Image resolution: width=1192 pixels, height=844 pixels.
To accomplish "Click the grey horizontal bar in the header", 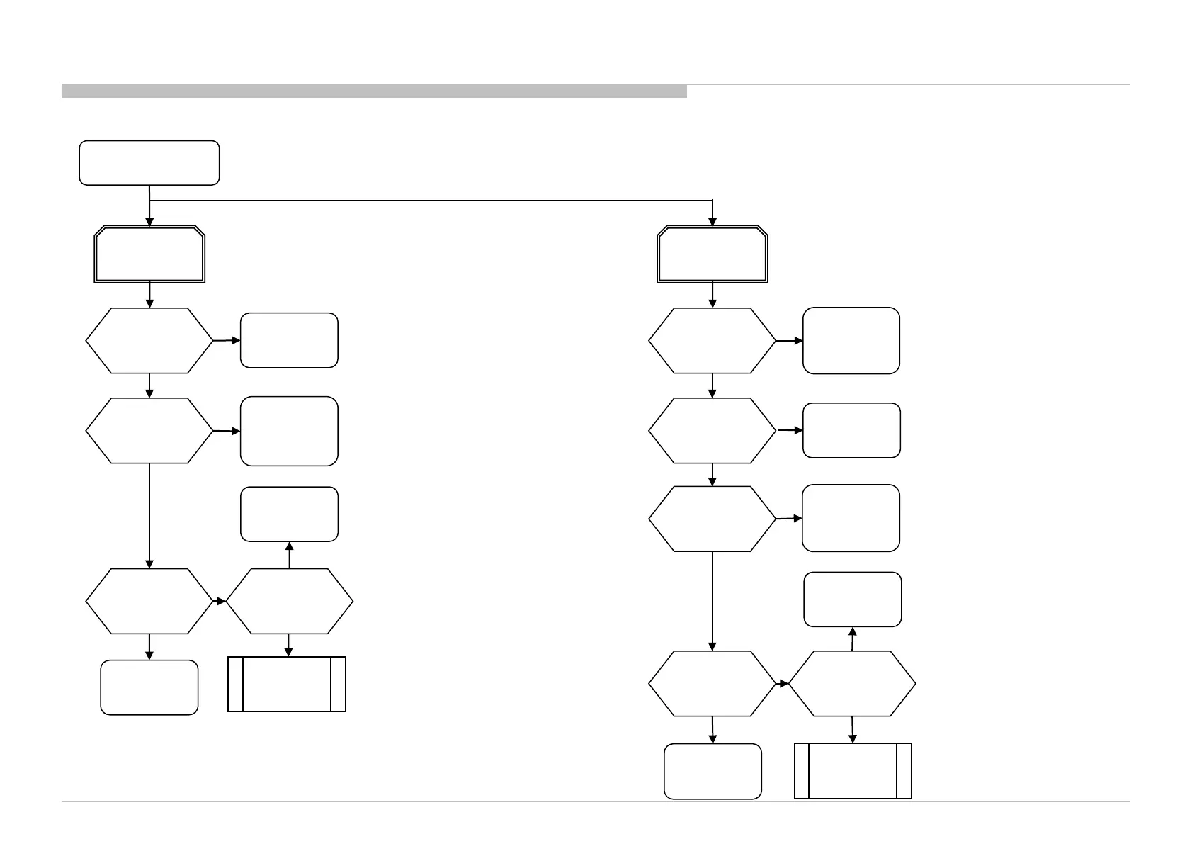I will [374, 91].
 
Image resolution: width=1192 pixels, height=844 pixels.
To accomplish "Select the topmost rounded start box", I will [149, 163].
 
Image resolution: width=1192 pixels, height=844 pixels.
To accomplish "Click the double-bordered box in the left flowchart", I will [149, 255].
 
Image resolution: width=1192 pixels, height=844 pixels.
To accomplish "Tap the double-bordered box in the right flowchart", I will [712, 255].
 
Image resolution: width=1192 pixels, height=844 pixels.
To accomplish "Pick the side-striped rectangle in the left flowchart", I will [286, 684].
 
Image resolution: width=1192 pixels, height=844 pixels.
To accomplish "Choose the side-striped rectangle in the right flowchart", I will [852, 770].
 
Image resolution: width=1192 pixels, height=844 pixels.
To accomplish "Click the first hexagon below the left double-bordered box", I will [149, 340].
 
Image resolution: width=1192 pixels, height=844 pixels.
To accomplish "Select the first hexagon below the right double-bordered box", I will [712, 341].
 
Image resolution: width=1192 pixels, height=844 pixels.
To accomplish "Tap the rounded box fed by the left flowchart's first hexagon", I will [289, 340].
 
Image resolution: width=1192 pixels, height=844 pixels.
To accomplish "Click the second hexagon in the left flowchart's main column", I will [149, 431].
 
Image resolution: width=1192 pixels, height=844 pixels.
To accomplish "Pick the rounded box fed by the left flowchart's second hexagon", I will [289, 431].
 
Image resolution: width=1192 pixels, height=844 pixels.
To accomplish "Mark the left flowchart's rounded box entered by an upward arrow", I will [289, 514].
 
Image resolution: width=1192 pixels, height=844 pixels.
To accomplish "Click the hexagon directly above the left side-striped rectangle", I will [289, 601].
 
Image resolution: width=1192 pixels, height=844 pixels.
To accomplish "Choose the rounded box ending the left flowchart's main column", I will [149, 687].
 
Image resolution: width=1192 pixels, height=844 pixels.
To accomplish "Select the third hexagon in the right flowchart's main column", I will [712, 519].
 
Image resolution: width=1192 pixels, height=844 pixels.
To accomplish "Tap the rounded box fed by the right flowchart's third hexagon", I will [851, 518].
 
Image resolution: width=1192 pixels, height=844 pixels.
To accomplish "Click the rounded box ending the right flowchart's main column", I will [713, 771].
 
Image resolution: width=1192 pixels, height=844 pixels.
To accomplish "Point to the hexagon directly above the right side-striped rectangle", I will [852, 684].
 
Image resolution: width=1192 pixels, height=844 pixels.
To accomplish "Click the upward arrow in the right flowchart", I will [853, 638].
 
